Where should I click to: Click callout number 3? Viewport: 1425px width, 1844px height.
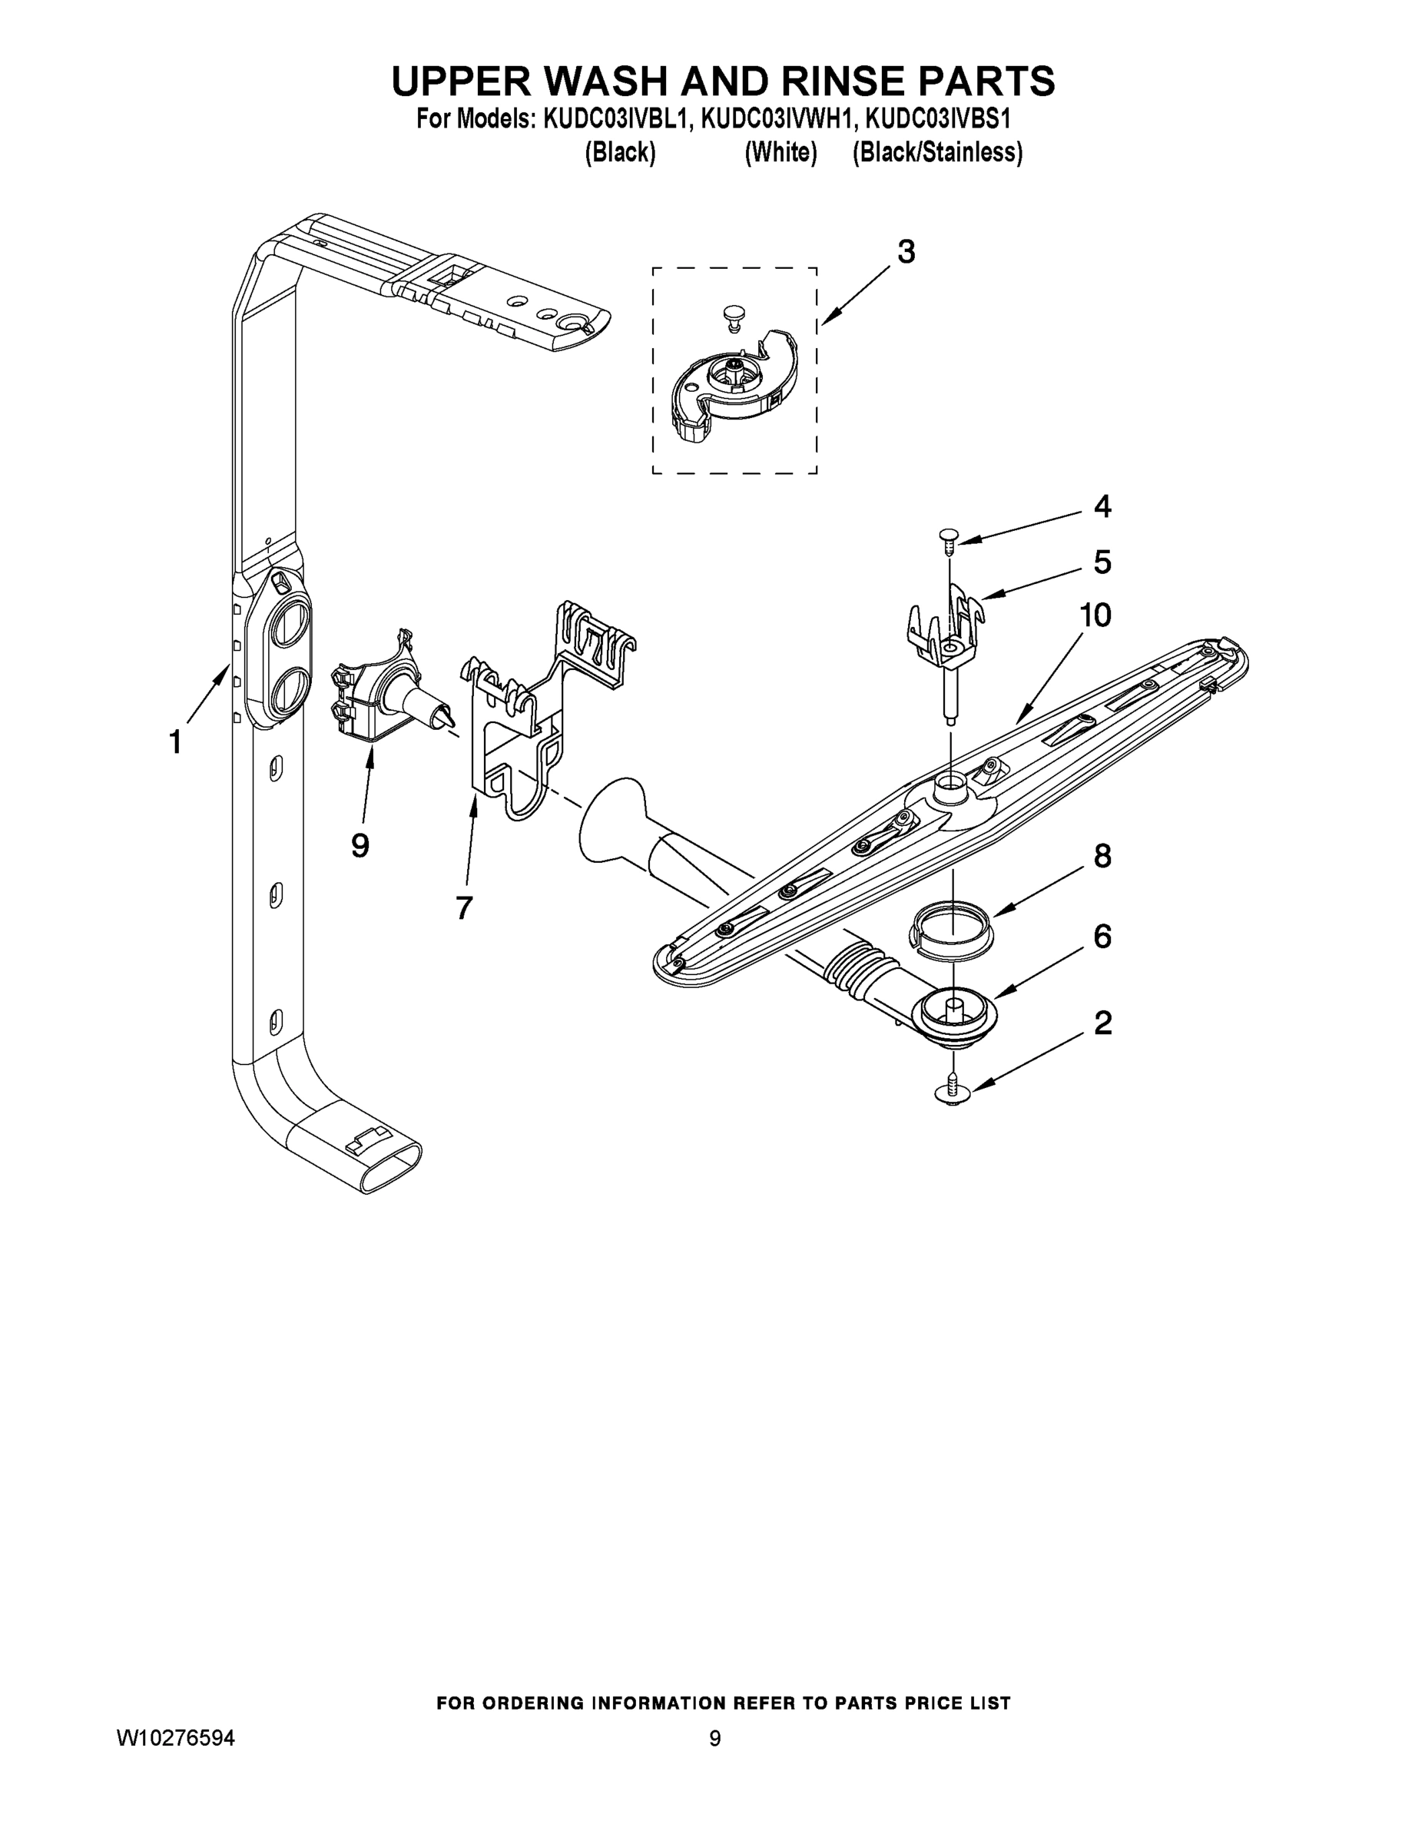[905, 251]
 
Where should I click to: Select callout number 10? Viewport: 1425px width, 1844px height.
[1094, 615]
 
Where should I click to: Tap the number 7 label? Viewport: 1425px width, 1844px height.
[463, 907]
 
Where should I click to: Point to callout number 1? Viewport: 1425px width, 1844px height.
[174, 742]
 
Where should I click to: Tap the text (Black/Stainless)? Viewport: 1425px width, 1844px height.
[937, 153]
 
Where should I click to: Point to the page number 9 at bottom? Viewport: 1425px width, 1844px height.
[714, 1756]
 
